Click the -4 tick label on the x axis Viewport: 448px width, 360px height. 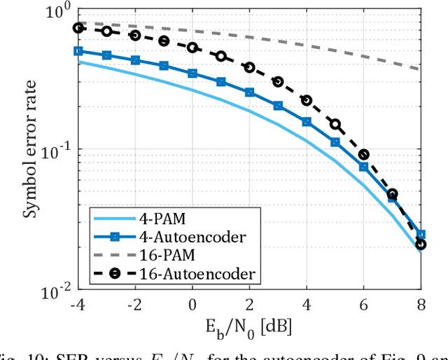[78, 305]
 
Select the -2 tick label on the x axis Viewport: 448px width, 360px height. [135, 305]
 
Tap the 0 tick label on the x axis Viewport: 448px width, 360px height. [192, 305]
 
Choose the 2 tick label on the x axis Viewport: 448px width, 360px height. [249, 305]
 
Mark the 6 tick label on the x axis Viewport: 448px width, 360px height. [363, 305]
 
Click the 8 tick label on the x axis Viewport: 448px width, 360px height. [420, 305]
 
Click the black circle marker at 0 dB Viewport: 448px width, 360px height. [192, 48]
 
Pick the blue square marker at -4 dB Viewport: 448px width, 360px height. [78, 50]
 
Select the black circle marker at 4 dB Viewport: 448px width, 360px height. [307, 100]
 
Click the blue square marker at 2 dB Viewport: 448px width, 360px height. [249, 92]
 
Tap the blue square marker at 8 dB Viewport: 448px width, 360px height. [421, 235]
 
